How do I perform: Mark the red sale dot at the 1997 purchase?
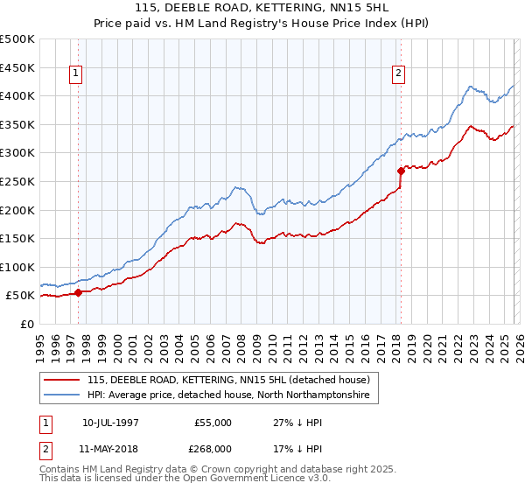tap(79, 292)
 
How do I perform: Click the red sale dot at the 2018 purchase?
tap(401, 171)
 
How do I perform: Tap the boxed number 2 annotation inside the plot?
tap(399, 74)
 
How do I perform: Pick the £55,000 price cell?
tap(213, 423)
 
